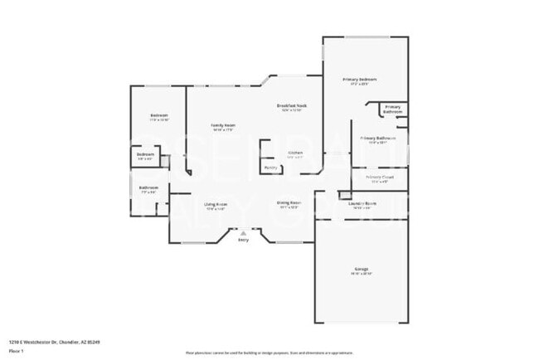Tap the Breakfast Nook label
coord(291,106)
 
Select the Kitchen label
coord(294,153)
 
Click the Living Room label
coord(216,203)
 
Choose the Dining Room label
coord(289,202)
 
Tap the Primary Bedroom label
coord(360,80)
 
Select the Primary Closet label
coord(378,177)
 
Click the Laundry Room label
coord(362,203)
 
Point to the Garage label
coord(361,270)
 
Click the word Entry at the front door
coord(243,240)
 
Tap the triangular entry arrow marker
coord(243,234)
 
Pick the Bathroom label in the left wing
coord(149,187)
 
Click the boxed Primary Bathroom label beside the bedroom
coord(392,109)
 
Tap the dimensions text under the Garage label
coord(361,274)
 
